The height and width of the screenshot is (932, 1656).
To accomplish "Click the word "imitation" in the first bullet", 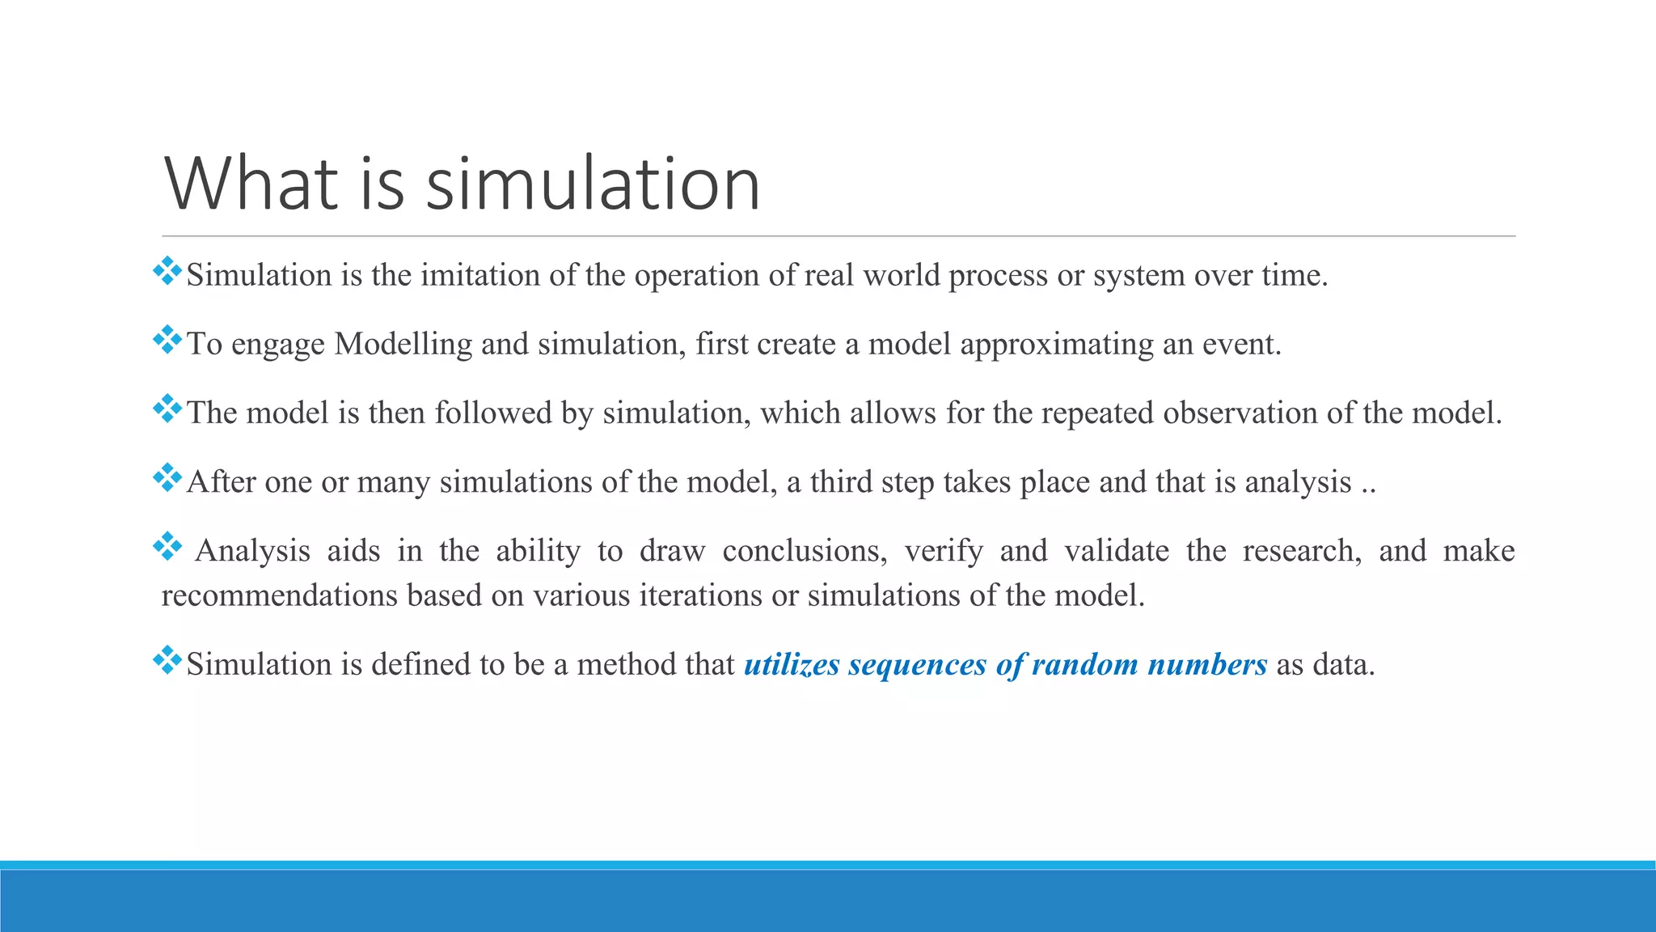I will pos(480,276).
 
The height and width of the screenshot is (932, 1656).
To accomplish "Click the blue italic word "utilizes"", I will pos(792,665).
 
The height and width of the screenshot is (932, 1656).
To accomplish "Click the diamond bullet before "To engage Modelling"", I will pos(167,340).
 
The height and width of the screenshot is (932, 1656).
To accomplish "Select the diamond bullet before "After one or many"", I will pos(167,477).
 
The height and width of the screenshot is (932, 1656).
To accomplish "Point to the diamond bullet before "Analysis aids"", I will pos(167,546).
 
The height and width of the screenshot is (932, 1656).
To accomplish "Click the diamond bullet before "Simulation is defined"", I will pos(167,660).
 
